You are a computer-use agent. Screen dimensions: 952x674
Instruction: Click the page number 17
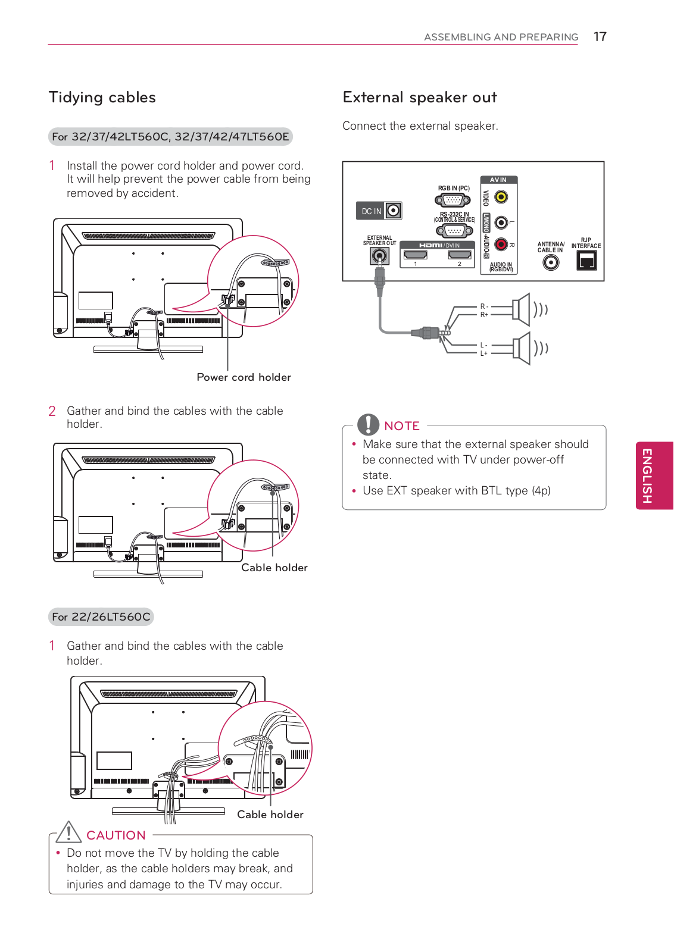point(600,37)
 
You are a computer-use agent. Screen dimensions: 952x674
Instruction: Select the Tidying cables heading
point(102,98)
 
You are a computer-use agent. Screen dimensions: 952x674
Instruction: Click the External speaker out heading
point(420,98)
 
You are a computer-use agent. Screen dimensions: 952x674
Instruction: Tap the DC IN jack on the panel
point(393,211)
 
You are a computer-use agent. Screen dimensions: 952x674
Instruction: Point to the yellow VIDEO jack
point(501,197)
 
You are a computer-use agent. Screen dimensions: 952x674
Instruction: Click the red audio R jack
point(501,244)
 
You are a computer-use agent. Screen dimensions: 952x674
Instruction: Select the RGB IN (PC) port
point(454,200)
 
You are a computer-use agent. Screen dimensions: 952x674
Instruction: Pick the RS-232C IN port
point(455,231)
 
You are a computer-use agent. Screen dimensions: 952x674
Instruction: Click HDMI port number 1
point(416,255)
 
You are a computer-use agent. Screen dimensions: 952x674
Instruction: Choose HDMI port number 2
point(460,255)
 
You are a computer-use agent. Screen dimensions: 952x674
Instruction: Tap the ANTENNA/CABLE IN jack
point(551,262)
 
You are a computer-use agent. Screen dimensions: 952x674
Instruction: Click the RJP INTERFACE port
point(586,261)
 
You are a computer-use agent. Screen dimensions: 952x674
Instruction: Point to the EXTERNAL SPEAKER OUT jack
point(379,256)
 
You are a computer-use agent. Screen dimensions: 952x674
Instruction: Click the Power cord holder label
point(244,377)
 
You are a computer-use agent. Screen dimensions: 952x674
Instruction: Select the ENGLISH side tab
point(654,475)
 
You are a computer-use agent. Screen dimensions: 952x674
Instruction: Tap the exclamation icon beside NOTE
point(368,424)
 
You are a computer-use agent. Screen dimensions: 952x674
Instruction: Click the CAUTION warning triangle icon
point(69,832)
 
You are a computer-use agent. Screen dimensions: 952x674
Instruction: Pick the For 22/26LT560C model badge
point(101,617)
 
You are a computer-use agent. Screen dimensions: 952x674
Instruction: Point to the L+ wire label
point(484,353)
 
